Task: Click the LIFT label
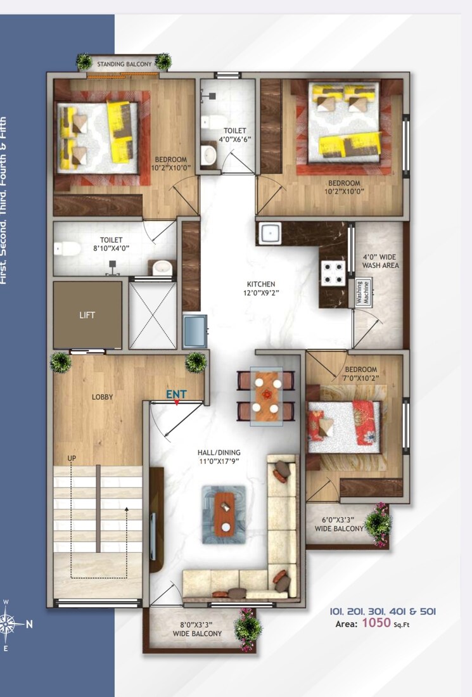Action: (87, 315)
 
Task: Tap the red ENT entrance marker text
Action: (176, 394)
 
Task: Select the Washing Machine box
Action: (363, 293)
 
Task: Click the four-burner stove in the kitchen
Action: (334, 274)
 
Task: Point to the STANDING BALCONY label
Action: (124, 64)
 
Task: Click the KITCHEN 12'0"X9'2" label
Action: (261, 288)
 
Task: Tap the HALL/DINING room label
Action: (219, 457)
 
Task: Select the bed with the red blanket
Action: (344, 426)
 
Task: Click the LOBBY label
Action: (102, 397)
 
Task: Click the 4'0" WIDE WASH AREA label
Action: (381, 261)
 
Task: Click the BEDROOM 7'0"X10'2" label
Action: (361, 374)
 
